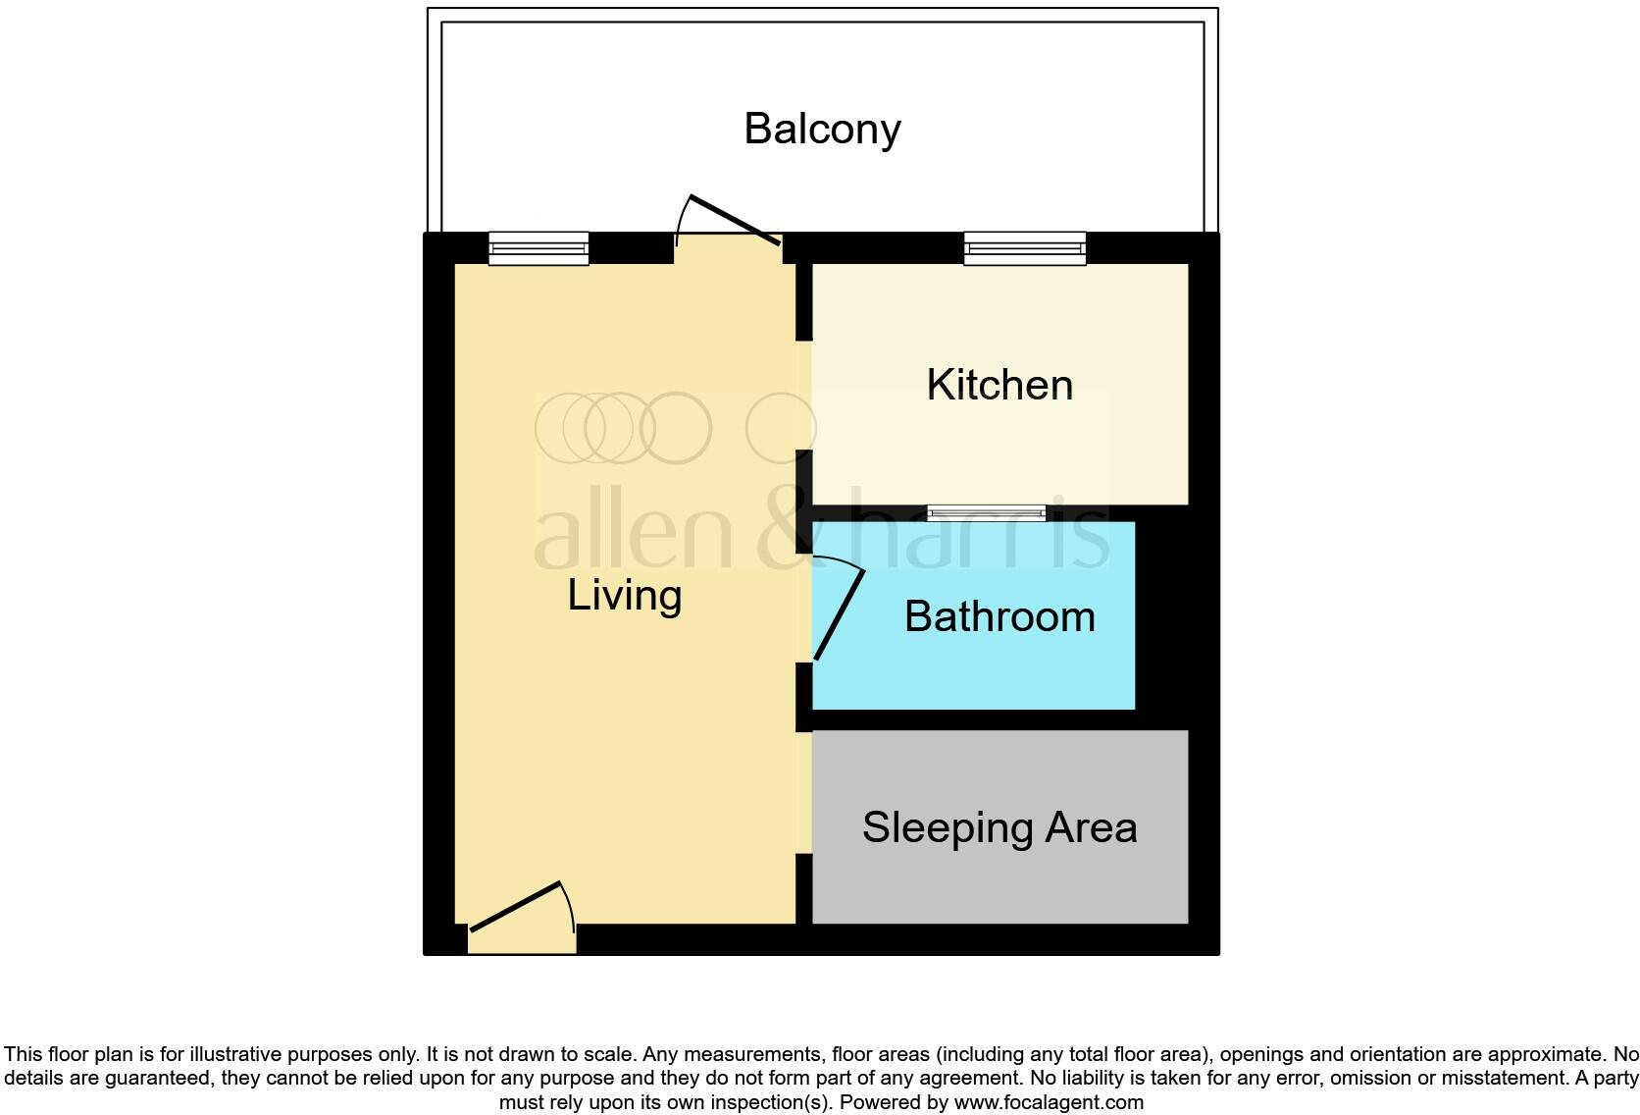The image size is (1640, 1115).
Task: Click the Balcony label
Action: [x=822, y=129]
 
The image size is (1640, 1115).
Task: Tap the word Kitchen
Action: [x=999, y=384]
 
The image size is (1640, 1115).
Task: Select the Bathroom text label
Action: [x=999, y=616]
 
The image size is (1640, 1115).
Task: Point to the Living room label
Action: [x=625, y=595]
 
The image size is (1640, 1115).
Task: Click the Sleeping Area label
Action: [x=999, y=827]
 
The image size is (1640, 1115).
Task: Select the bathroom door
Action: [x=840, y=614]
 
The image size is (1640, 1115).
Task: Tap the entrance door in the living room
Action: [x=516, y=906]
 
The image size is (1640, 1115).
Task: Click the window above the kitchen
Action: [x=1025, y=248]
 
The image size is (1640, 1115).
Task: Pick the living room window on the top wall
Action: [x=538, y=248]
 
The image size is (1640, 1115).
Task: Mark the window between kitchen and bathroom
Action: [x=987, y=512]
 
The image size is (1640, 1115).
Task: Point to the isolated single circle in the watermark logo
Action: [x=781, y=427]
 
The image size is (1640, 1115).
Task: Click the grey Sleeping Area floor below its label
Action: [x=999, y=888]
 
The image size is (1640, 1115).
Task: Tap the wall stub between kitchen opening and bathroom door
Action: [x=803, y=501]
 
